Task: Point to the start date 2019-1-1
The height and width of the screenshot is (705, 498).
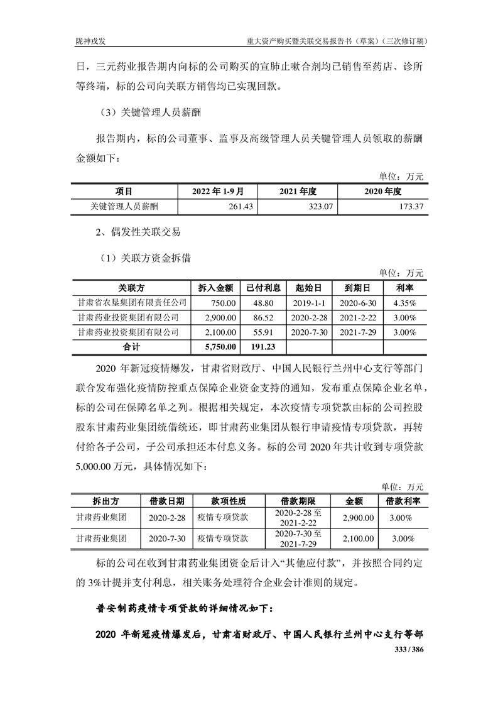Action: (308, 303)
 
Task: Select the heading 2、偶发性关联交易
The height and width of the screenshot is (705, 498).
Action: (138, 232)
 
